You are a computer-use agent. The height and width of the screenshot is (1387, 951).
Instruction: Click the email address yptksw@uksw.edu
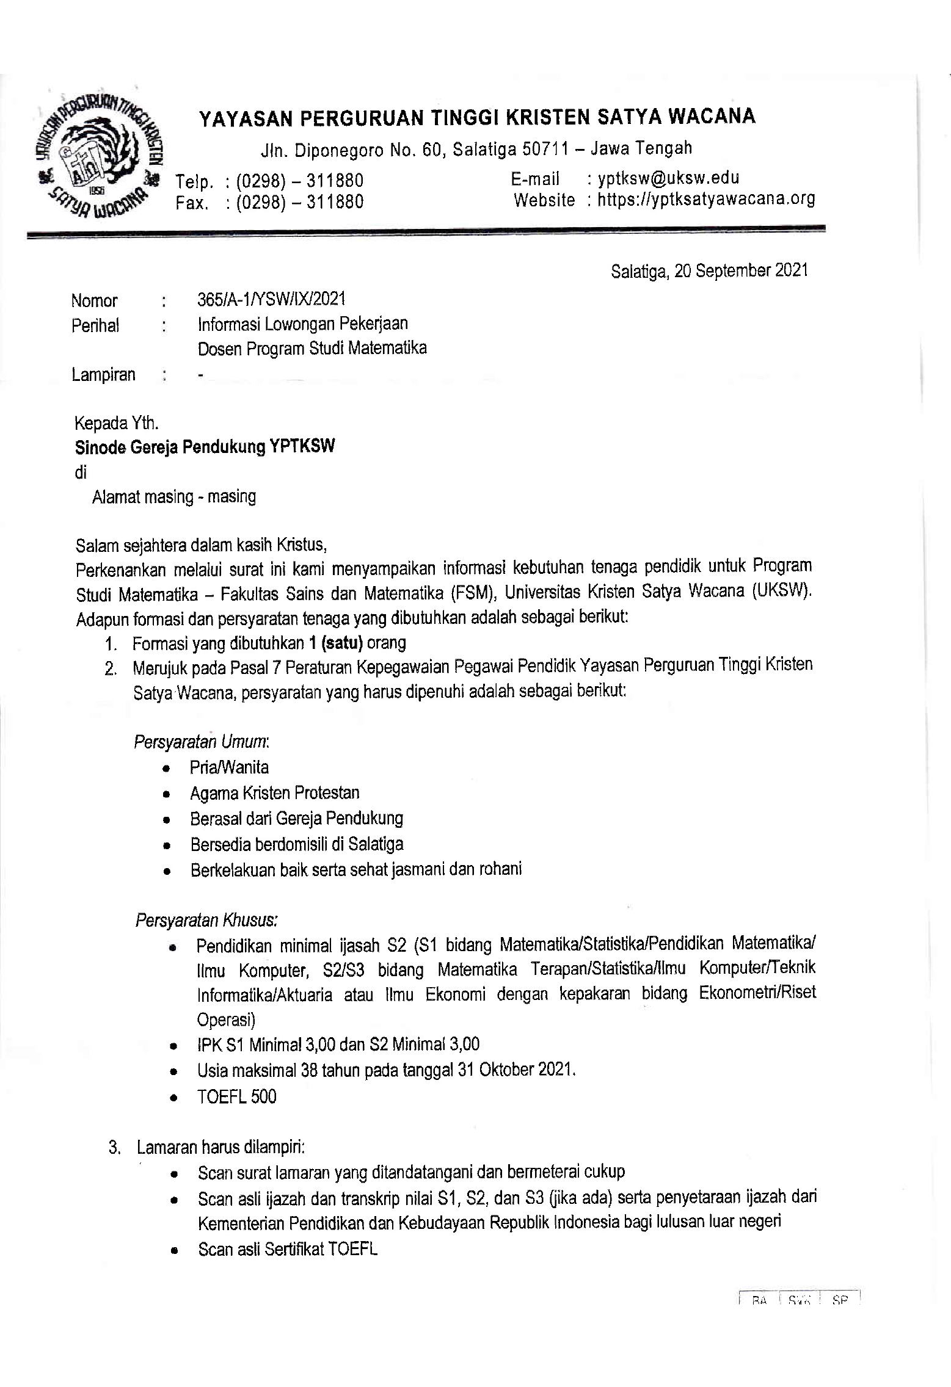click(x=669, y=178)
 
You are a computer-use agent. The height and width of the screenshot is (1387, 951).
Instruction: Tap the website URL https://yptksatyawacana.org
click(x=706, y=199)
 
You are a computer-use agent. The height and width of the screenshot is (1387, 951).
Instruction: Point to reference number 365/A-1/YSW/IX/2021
click(x=271, y=299)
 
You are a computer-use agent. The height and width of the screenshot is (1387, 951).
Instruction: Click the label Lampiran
click(x=103, y=374)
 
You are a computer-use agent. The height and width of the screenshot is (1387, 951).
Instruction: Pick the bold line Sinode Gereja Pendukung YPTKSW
click(x=205, y=447)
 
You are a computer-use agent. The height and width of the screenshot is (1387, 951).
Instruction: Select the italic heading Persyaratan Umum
click(x=201, y=742)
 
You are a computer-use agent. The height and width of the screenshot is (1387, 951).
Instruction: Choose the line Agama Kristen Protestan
click(x=274, y=793)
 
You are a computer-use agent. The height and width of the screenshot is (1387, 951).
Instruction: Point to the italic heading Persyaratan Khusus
click(x=206, y=920)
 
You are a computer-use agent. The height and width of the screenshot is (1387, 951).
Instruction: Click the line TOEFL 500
click(x=236, y=1097)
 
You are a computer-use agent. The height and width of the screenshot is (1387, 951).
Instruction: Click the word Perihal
click(x=95, y=325)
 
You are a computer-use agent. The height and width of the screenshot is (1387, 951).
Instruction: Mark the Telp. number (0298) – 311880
click(x=299, y=181)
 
